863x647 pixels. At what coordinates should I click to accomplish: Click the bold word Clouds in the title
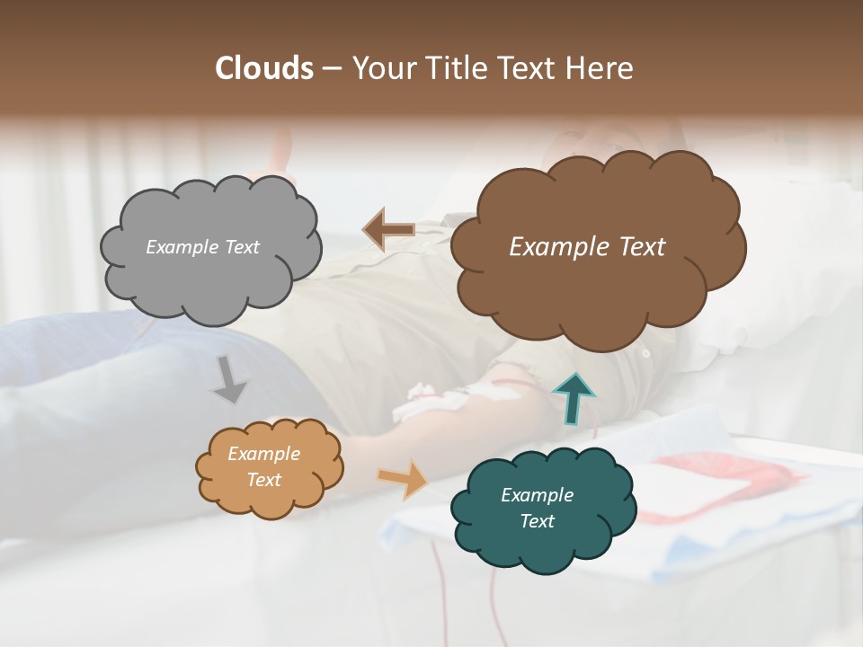click(264, 68)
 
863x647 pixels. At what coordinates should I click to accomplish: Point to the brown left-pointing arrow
click(388, 230)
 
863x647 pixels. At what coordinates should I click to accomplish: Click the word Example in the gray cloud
click(180, 247)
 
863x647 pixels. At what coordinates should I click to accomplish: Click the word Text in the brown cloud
click(641, 247)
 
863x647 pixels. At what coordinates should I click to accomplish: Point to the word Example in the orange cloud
click(263, 454)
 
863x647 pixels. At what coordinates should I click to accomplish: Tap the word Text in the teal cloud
click(537, 521)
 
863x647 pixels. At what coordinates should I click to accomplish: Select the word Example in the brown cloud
click(559, 247)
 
